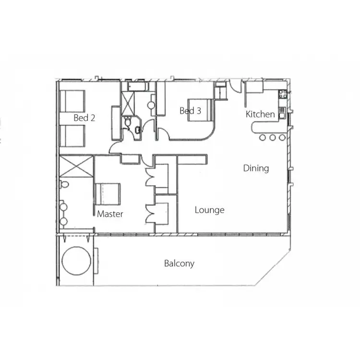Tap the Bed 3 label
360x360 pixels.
point(190,111)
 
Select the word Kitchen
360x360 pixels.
point(260,114)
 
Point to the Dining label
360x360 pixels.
point(256,168)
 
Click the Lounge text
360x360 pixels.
point(210,210)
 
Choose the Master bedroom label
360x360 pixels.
point(110,214)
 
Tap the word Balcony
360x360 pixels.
point(179,263)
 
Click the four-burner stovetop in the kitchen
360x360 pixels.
point(282,94)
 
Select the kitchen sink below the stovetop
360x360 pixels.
point(282,112)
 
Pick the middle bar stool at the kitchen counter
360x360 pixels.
point(272,138)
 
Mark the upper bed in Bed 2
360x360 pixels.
point(72,101)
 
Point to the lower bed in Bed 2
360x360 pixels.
point(72,135)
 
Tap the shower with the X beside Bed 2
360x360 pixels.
point(128,101)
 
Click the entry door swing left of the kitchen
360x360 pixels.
point(236,86)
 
